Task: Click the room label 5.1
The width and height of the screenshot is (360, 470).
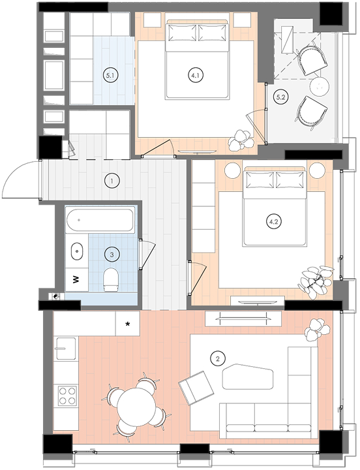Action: [110, 76]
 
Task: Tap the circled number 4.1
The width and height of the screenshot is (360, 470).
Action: [196, 75]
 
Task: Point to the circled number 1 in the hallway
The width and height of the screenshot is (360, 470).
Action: [112, 181]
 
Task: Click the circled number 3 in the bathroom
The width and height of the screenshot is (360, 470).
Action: [112, 255]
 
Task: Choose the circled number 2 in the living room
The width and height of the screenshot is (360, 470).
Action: [218, 358]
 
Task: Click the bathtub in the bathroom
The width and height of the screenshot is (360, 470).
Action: [100, 221]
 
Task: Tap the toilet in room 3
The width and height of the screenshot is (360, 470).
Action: [110, 279]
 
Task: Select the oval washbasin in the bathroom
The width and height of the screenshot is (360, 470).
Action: [77, 251]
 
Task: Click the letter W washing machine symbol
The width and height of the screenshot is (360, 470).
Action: [76, 279]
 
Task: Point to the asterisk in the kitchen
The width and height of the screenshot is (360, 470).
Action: [128, 324]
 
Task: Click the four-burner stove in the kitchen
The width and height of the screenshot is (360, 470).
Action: [67, 396]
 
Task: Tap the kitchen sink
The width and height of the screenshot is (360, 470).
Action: [66, 349]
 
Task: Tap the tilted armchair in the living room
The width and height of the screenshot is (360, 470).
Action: [196, 388]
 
